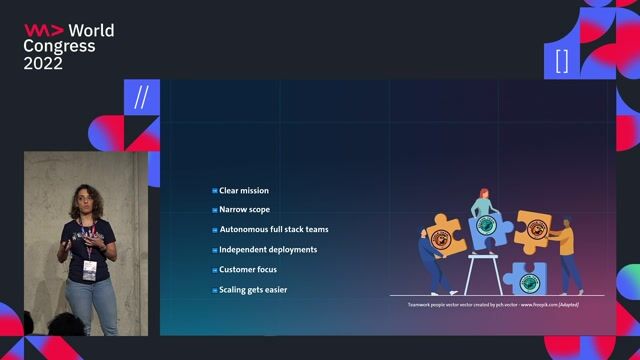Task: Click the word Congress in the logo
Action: pos(59,46)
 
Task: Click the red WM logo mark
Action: pos(39,30)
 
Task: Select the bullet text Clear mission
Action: pos(244,190)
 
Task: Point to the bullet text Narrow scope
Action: pos(244,210)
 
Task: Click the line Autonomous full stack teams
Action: pos(273,230)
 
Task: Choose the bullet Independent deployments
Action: pos(268,250)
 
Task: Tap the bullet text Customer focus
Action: pos(248,270)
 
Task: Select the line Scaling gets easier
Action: pos(255,290)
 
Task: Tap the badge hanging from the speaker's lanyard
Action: pos(90,269)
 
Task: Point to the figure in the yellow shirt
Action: pos(567,250)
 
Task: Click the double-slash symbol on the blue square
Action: pos(141,97)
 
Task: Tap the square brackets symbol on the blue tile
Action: pos(561,61)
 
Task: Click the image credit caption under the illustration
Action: pos(494,302)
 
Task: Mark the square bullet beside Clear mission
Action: pos(214,190)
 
